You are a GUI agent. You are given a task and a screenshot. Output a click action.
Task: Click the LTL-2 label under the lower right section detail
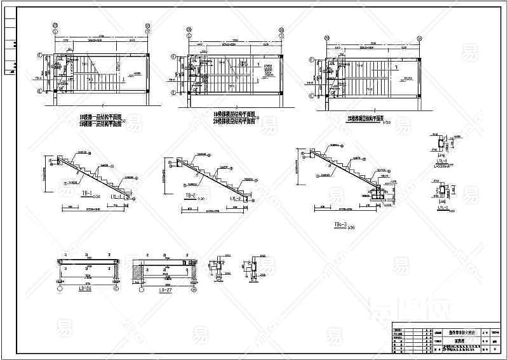click(443, 208)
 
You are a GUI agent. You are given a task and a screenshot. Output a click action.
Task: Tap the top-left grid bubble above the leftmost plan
click(56, 27)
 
